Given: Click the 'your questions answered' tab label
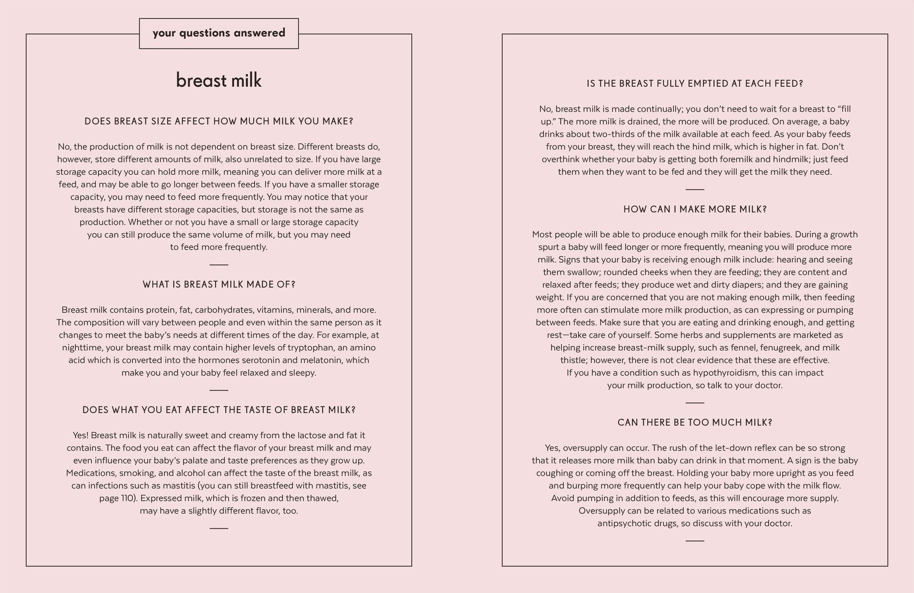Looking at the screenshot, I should pos(219,33).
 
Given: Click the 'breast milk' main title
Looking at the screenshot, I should pos(219,81).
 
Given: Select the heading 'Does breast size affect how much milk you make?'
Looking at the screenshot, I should pos(219,122).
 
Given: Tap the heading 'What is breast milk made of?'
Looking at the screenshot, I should pos(219,285).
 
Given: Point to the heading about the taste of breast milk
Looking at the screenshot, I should pos(219,410).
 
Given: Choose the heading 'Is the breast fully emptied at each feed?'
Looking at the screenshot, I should pos(695,84).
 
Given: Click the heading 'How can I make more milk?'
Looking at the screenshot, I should pos(695,209).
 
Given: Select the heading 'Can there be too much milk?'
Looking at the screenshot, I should pos(695,422).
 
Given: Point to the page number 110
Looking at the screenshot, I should pos(128,498).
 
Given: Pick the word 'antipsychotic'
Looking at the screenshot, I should pos(623,524).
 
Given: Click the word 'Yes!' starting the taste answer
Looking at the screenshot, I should pos(80,435).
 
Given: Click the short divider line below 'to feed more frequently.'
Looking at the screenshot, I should pos(219,265).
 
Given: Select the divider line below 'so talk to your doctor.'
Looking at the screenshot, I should pos(695,403).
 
